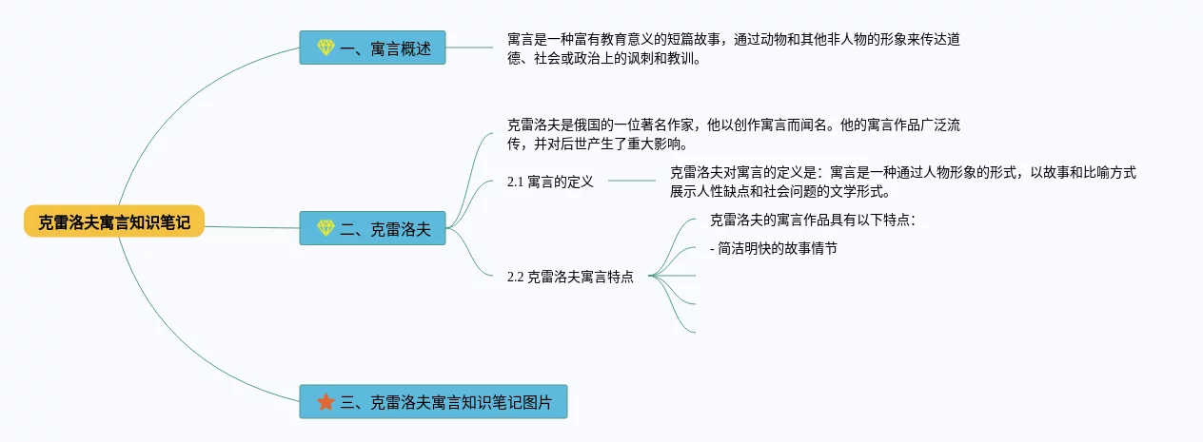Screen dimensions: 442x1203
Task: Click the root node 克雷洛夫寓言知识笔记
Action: [114, 221]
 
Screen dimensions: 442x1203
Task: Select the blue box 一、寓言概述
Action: [372, 48]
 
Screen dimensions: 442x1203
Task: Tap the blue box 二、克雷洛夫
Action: [372, 228]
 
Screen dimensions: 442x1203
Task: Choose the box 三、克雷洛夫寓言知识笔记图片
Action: [433, 402]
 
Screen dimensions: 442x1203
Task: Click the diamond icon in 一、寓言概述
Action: [325, 48]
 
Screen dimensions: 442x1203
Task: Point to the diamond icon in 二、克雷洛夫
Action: [325, 228]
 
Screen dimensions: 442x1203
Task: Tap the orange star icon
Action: [325, 402]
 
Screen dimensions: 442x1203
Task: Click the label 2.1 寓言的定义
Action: [550, 182]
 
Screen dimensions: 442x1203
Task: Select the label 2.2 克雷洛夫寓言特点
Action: [570, 277]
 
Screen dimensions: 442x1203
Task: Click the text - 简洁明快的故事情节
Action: [773, 248]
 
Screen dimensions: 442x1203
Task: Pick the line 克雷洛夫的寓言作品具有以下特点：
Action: [813, 220]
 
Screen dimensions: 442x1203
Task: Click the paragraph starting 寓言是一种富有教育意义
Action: [739, 48]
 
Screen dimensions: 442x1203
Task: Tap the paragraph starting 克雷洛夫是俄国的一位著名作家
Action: [739, 134]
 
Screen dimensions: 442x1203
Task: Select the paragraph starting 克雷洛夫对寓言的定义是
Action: [902, 181]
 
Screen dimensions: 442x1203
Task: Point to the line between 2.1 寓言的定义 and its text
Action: [632, 181]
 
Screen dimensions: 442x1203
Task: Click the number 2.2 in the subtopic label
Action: [516, 277]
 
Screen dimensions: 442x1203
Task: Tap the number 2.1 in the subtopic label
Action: [516, 182]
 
